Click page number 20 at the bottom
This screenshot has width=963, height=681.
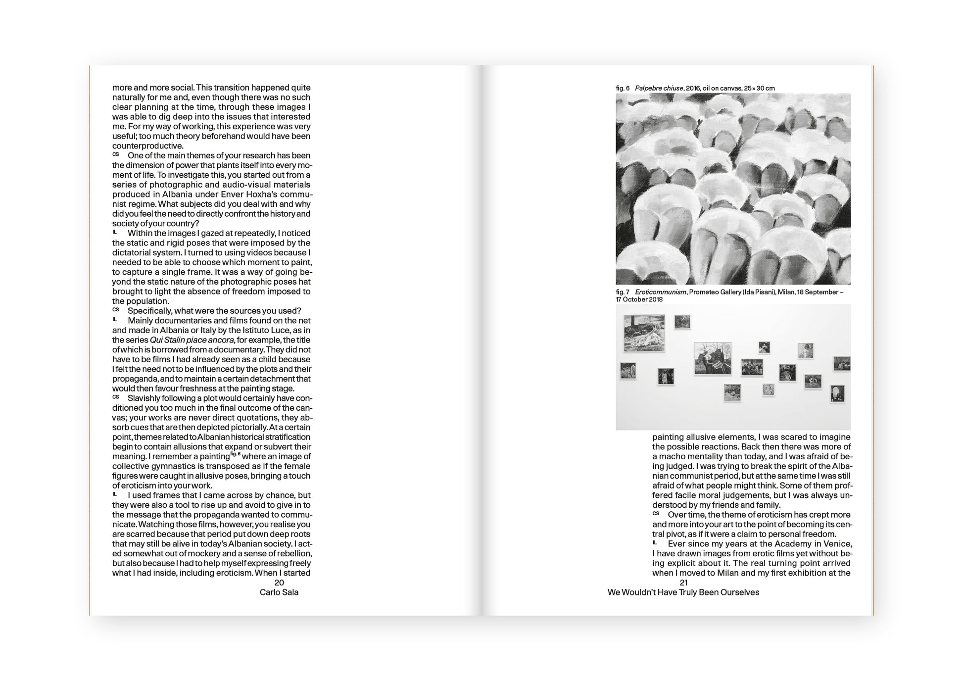pyautogui.click(x=279, y=583)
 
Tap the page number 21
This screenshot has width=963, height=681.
pyautogui.click(x=683, y=583)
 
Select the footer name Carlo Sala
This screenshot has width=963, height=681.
pyautogui.click(x=279, y=592)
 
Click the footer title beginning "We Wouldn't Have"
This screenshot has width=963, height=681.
pyautogui.click(x=683, y=592)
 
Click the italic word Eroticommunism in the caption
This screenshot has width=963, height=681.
pyautogui.click(x=660, y=292)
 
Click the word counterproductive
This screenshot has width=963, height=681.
pyautogui.click(x=147, y=146)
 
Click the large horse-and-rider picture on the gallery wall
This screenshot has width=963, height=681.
pyautogui.click(x=713, y=359)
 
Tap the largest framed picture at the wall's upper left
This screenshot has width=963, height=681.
pyautogui.click(x=644, y=333)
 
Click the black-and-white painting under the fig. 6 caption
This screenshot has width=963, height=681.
pyautogui.click(x=733, y=189)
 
